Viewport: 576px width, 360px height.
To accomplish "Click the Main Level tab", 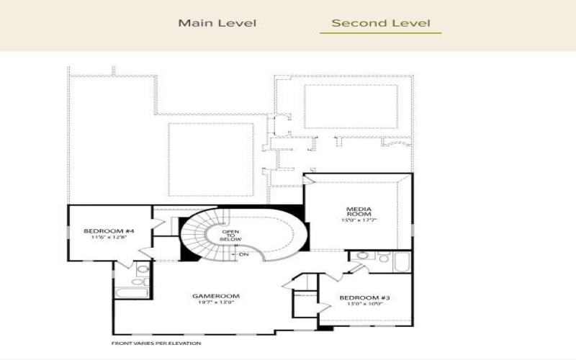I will pyautogui.click(x=217, y=23).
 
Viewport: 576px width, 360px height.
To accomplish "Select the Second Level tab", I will pyautogui.click(x=380, y=23).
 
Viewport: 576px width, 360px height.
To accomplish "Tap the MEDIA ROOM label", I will pyautogui.click(x=359, y=212).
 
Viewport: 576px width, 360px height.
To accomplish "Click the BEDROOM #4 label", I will pyautogui.click(x=109, y=231).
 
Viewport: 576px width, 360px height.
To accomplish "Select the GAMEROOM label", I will pyautogui.click(x=215, y=296).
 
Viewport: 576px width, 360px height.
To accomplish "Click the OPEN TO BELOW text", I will pyautogui.click(x=231, y=235).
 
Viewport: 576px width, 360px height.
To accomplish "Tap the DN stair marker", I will pyautogui.click(x=243, y=254).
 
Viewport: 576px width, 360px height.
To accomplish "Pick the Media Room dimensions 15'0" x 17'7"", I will pyautogui.click(x=359, y=220).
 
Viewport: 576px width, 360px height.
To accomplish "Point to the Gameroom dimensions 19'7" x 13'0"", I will pyautogui.click(x=215, y=303).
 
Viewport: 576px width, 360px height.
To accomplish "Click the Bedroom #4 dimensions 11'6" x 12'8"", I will pyautogui.click(x=109, y=238).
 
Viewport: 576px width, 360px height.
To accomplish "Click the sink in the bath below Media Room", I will pyautogui.click(x=364, y=256).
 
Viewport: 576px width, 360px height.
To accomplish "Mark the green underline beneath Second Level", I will pyautogui.click(x=380, y=33).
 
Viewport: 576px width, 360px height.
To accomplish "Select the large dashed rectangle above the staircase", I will pyautogui.click(x=211, y=158).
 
